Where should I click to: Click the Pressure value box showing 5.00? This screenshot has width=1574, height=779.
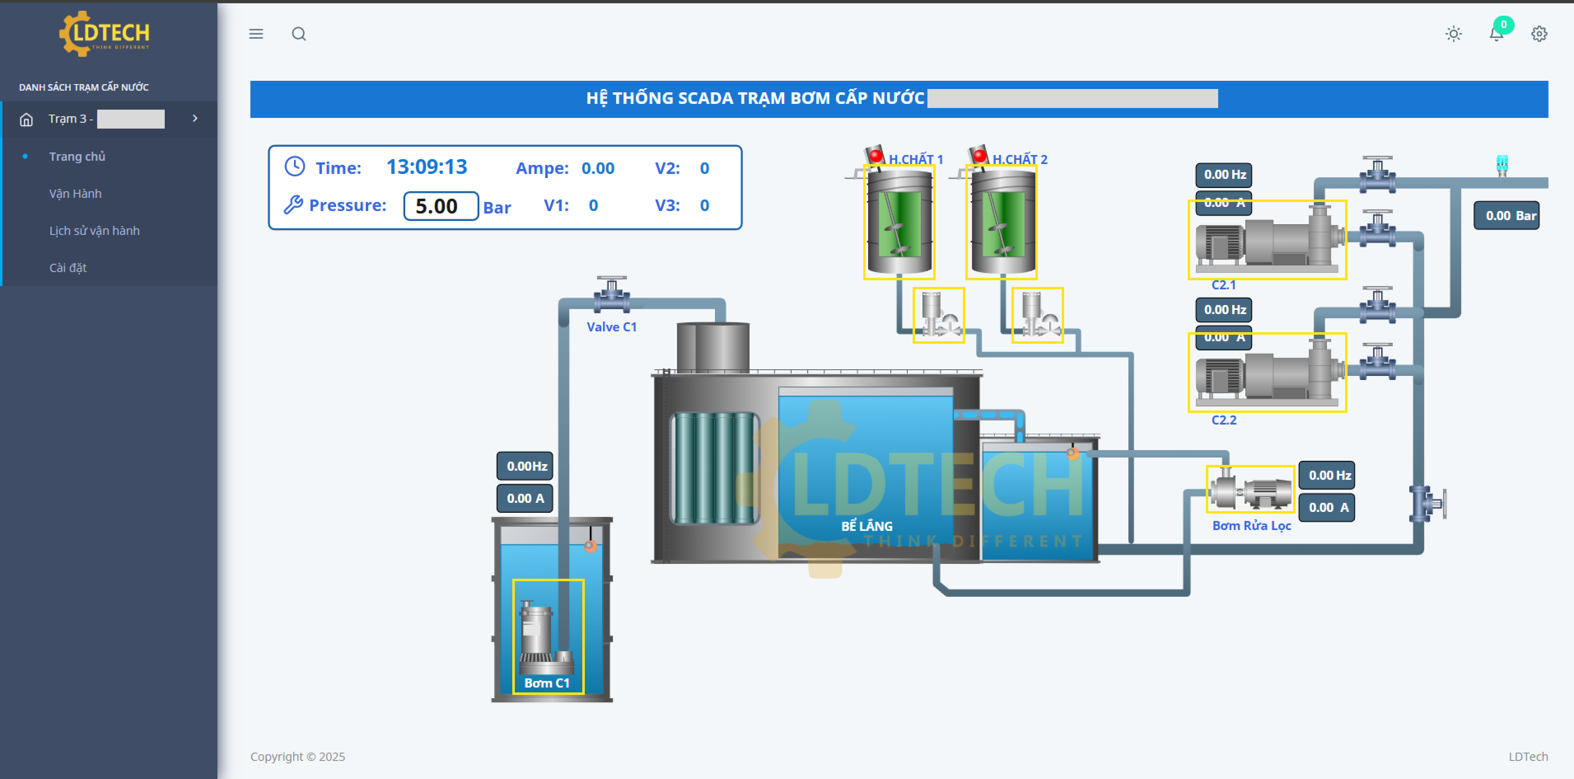[x=441, y=206]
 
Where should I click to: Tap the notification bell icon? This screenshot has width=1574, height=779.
[x=1496, y=34]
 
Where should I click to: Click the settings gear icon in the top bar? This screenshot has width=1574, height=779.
[x=1539, y=34]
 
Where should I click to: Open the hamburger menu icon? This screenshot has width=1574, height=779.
[x=256, y=34]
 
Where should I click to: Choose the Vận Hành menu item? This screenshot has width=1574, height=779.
[x=75, y=193]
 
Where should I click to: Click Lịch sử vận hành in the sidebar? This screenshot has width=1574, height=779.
[x=94, y=230]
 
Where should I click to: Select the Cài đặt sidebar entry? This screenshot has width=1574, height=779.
[x=68, y=268]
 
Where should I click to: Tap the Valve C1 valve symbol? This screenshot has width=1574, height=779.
[x=612, y=295]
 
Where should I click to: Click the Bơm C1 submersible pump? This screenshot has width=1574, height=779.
[x=547, y=636]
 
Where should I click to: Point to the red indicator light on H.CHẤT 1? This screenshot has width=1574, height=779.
[x=875, y=155]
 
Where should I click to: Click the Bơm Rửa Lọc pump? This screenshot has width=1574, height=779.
[x=1250, y=490]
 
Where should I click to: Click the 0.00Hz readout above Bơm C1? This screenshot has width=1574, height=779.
[x=525, y=466]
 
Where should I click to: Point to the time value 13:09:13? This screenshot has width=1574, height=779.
[x=427, y=167]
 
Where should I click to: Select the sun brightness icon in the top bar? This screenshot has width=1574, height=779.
[x=1453, y=34]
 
